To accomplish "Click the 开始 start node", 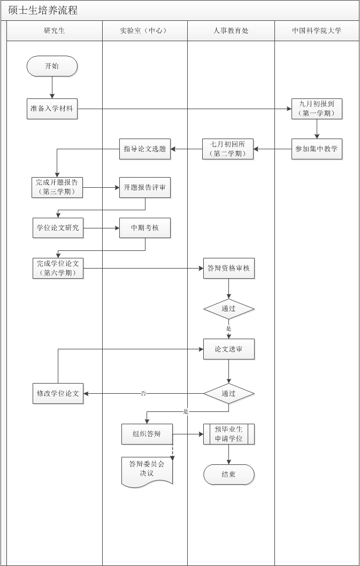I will [x=52, y=66].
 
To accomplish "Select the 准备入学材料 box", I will [x=52, y=109].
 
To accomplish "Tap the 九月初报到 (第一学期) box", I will [x=317, y=109].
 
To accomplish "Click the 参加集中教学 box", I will [x=317, y=149].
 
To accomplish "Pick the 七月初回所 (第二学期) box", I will [x=228, y=149].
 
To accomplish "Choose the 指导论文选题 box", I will [x=144, y=149].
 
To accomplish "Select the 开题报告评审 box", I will [x=144, y=188].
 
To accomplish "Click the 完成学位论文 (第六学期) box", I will [x=57, y=268].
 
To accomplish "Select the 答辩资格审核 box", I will [x=228, y=268].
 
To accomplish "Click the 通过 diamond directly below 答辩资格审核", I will [x=228, y=309].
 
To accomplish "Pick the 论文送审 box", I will [x=228, y=349].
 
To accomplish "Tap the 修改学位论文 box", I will [x=57, y=393].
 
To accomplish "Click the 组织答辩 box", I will [x=147, y=434].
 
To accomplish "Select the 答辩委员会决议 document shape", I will [x=147, y=470].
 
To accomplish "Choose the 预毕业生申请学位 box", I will [x=228, y=434].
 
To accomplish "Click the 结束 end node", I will [x=228, y=475].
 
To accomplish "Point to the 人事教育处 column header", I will [x=231, y=31].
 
